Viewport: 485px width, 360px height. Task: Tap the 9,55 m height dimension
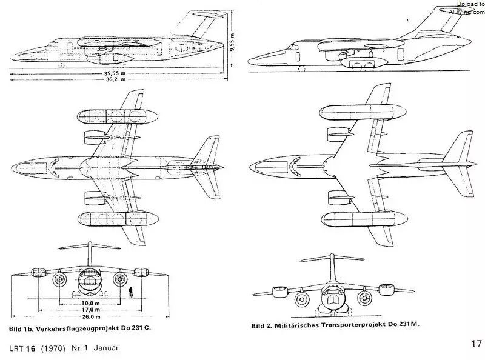pos(232,41)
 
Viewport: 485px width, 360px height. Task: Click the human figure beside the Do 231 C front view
pos(131,292)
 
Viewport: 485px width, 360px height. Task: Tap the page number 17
pos(477,344)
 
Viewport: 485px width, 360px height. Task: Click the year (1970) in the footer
pos(53,348)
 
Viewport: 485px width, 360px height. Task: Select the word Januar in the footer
pos(106,348)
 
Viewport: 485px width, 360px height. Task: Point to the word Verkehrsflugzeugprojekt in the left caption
pos(78,328)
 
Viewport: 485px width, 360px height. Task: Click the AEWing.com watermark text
pos(467,12)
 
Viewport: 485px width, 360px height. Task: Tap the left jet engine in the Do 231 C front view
pos(59,279)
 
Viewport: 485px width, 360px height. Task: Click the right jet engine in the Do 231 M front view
pos(364,298)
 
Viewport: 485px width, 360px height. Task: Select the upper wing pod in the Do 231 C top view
pos(118,116)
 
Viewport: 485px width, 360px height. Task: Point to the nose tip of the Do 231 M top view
pos(250,167)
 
